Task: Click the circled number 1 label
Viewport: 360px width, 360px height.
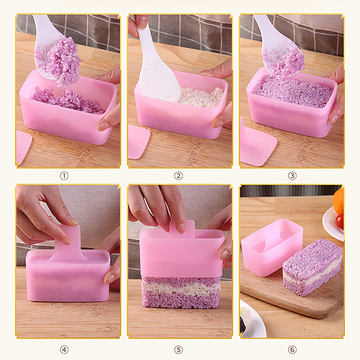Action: click(64, 176)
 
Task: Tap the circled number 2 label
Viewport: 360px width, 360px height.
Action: click(178, 176)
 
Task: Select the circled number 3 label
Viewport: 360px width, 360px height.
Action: click(292, 176)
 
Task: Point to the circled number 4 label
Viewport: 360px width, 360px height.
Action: click(64, 350)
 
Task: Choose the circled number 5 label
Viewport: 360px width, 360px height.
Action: click(178, 350)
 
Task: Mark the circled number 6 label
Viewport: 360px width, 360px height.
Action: click(292, 350)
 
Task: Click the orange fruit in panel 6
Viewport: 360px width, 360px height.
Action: click(338, 201)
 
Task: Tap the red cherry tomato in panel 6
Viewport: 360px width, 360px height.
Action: click(340, 221)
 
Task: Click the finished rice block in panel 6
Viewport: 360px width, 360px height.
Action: click(312, 267)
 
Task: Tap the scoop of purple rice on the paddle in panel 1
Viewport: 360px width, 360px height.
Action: click(62, 61)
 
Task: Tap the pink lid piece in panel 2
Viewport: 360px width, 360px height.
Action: click(139, 142)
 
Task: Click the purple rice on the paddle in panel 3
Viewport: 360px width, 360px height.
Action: click(285, 62)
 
